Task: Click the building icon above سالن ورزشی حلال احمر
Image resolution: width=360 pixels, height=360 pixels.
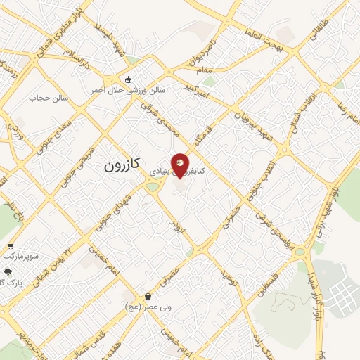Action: coord(128,79)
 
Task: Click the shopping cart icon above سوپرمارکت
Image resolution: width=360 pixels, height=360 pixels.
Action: coord(10,246)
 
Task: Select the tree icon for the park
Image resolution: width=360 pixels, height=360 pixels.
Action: coord(8,271)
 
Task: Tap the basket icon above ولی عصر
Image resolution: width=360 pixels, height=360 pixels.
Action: coord(147,296)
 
